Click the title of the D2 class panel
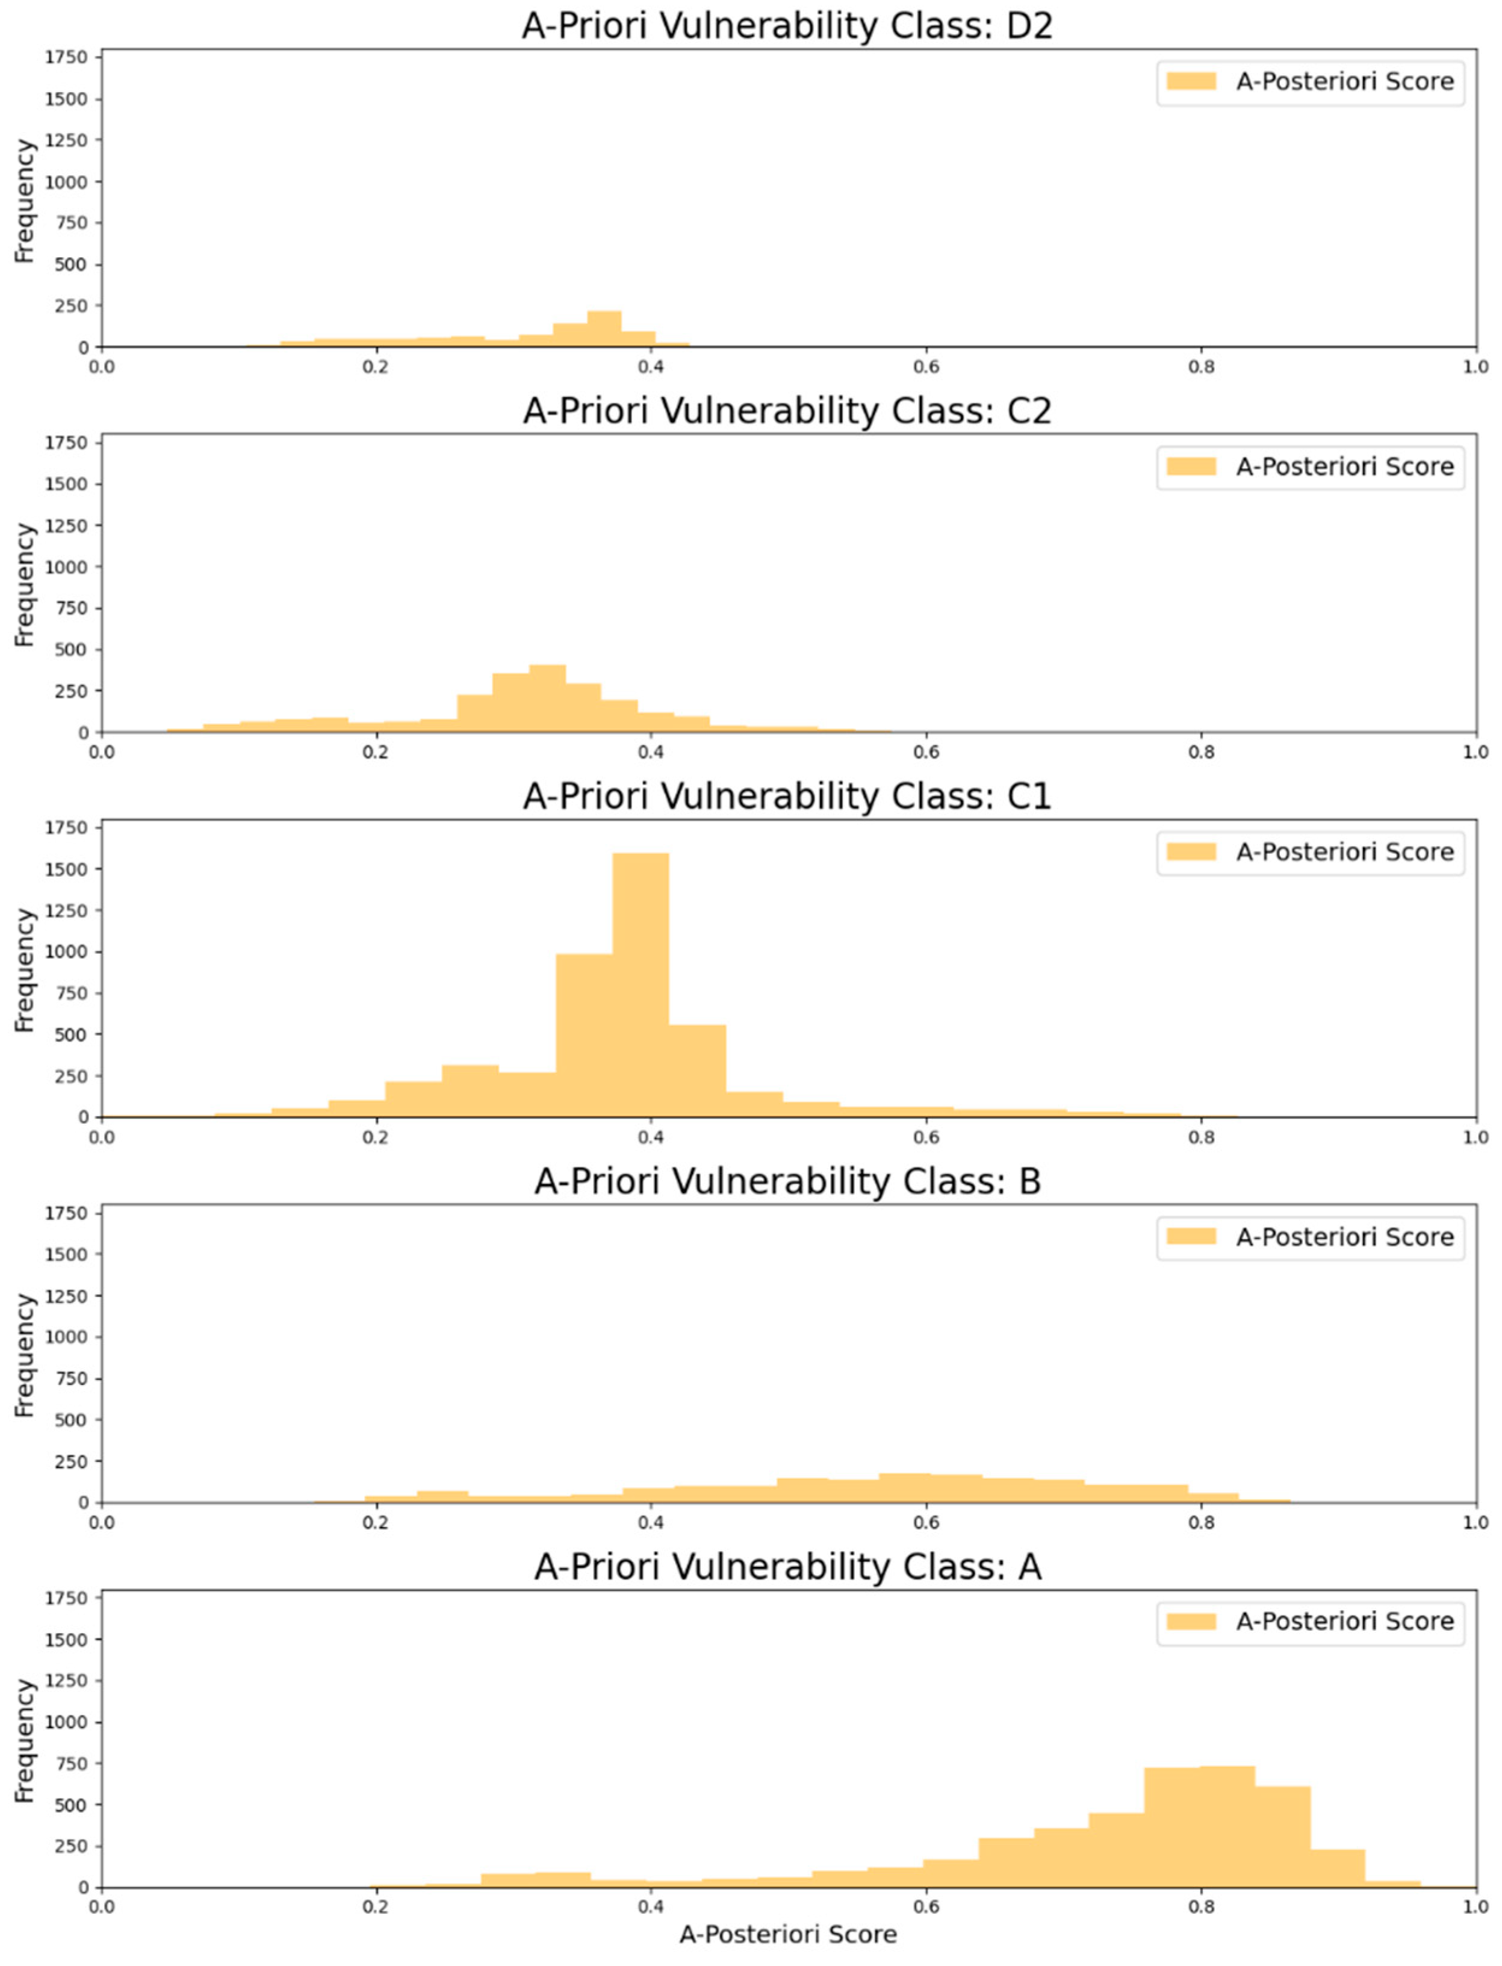(x=787, y=25)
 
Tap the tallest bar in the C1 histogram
(x=640, y=983)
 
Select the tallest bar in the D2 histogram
(x=604, y=329)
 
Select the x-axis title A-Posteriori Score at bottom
(x=787, y=1934)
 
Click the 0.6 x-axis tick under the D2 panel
(x=926, y=367)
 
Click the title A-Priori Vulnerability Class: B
(x=787, y=1181)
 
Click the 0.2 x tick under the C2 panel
(x=376, y=752)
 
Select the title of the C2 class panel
(x=787, y=411)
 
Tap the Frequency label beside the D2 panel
(x=24, y=201)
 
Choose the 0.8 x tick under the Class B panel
(x=1202, y=1523)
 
